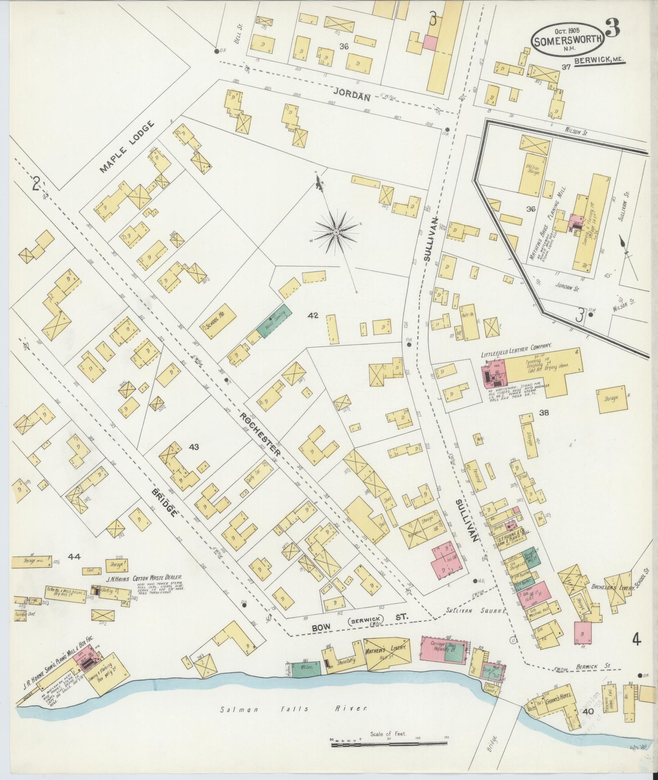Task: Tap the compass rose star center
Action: tap(336, 232)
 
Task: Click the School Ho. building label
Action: tap(219, 322)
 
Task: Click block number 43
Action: tap(193, 447)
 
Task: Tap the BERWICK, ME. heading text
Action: tap(599, 61)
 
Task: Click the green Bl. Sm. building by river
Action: tap(306, 667)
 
